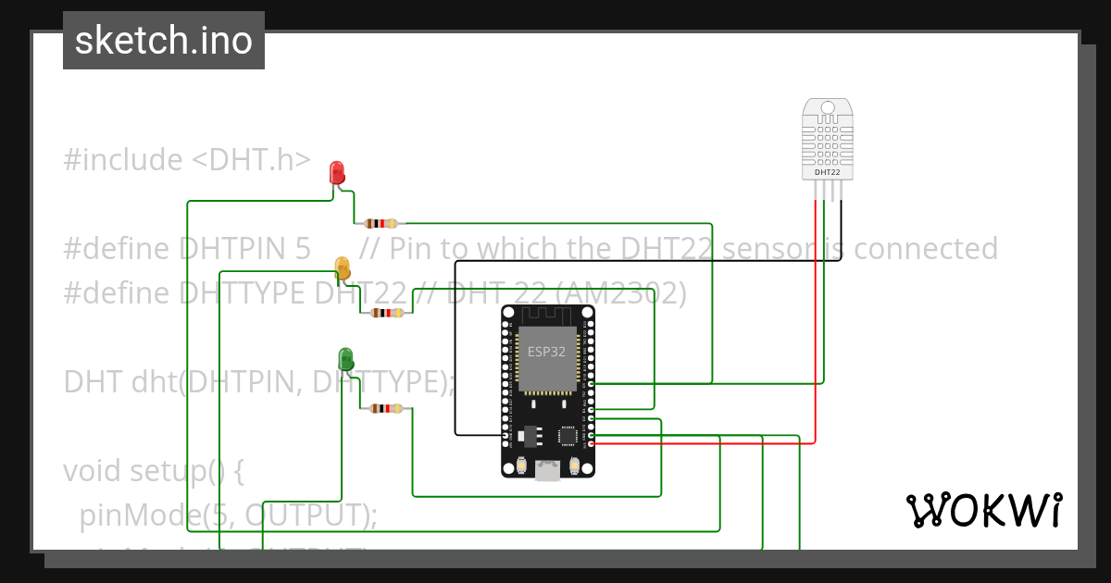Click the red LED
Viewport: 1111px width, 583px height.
coord(337,172)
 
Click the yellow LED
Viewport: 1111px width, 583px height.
coord(343,268)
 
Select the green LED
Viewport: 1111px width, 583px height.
coord(346,359)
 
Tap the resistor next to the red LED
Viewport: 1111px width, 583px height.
coord(381,223)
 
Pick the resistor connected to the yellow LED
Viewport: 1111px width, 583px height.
coord(386,313)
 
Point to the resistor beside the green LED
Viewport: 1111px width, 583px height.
coord(385,408)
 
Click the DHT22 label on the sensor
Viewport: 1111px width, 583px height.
coord(827,172)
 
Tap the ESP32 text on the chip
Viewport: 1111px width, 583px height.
coord(546,352)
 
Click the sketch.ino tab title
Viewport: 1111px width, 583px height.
coord(164,41)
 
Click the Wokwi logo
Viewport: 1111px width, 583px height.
coord(983,510)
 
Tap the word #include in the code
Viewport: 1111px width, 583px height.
coord(123,160)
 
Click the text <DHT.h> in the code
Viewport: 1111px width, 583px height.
coord(251,160)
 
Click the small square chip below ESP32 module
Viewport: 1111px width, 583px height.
coord(567,434)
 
